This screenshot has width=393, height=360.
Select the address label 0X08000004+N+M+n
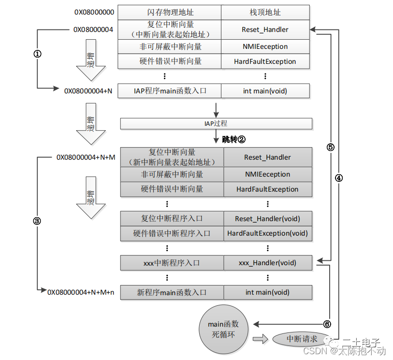81,292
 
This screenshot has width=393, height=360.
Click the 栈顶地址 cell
265,12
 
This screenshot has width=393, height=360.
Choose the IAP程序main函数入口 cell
170,90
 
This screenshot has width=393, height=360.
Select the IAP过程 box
216,124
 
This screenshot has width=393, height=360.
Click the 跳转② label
234,139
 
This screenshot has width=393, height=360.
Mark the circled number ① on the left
37,54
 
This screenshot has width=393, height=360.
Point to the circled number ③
37,221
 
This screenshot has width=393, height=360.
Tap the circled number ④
338,178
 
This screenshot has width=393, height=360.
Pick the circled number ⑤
330,147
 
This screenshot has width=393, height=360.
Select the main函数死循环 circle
223,329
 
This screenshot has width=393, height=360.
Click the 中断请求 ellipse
302,339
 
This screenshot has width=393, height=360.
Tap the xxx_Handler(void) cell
267,263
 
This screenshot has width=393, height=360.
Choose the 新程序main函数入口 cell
172,292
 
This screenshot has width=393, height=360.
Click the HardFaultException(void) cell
267,233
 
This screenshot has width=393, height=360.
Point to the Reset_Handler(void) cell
267,219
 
